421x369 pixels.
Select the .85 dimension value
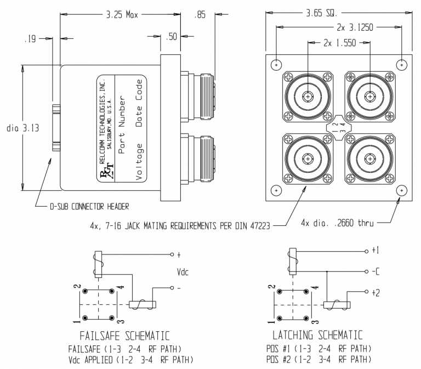[x=201, y=17]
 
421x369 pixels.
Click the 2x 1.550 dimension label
[x=339, y=42]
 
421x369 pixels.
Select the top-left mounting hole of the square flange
[x=276, y=64]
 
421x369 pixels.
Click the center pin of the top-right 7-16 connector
[x=370, y=96]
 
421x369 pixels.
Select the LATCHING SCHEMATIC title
[x=318, y=335]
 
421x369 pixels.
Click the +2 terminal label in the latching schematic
[x=375, y=293]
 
